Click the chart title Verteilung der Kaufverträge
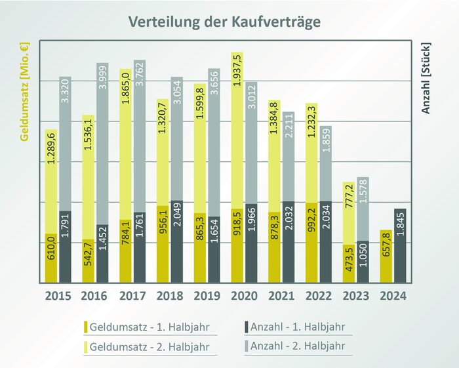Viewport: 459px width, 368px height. point(224,22)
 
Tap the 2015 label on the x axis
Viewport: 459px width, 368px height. point(58,296)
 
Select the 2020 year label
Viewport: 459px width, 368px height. point(244,296)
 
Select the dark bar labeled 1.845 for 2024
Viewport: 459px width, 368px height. point(400,246)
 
